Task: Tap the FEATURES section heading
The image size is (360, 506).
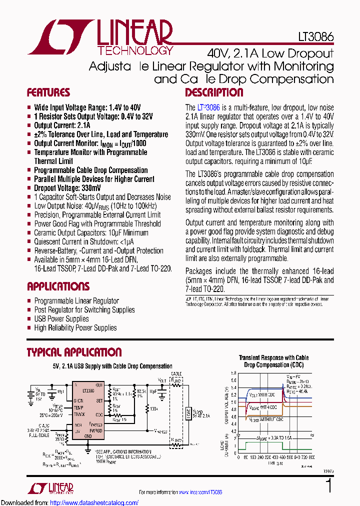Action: point(48,92)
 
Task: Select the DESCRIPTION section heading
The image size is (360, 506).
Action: point(214,92)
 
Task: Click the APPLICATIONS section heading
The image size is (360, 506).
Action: point(58,286)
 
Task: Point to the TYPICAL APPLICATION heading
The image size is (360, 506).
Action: point(74,352)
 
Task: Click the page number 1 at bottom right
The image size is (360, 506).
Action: point(328,486)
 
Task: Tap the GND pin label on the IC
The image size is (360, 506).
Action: point(88,435)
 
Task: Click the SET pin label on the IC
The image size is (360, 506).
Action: point(99,400)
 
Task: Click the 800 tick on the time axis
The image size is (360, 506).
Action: point(311,457)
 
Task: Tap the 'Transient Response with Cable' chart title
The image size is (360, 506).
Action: point(273,358)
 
